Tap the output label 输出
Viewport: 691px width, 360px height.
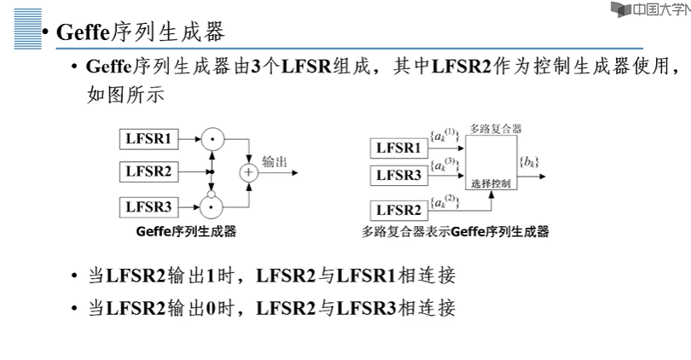tap(275, 162)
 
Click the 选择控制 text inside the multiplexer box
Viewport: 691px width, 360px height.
tap(491, 183)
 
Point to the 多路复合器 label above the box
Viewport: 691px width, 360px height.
tap(496, 129)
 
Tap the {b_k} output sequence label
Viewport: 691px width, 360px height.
tap(529, 162)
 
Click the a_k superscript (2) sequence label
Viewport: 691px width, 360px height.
tap(445, 201)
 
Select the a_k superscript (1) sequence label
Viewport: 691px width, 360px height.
tap(445, 136)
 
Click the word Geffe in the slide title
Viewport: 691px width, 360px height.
tap(83, 32)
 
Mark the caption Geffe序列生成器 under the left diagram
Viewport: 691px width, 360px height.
tap(187, 231)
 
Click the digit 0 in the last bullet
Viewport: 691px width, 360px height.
tap(211, 308)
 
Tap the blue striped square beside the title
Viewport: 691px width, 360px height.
tap(28, 29)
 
